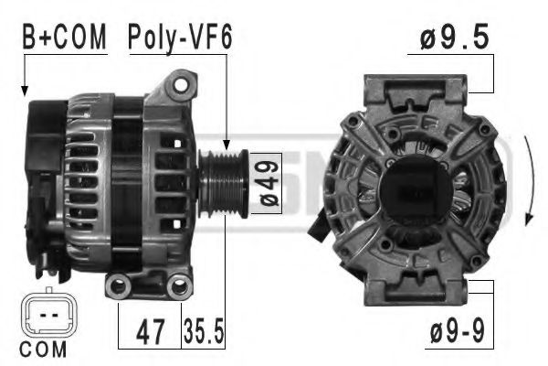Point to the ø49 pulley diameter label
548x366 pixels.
tap(266, 183)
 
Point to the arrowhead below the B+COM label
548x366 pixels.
tap(25, 92)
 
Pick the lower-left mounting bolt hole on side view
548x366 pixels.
tap(117, 288)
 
